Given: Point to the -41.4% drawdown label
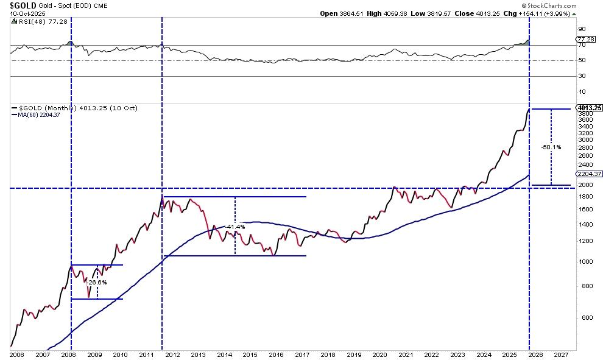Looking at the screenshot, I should [x=234, y=227].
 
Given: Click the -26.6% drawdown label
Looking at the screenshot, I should [x=97, y=282].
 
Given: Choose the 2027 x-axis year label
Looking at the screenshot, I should [x=561, y=354].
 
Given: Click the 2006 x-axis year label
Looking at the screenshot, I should [x=16, y=354].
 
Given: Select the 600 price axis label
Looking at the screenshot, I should [x=582, y=318].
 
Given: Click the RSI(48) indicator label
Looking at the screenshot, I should [x=29, y=21].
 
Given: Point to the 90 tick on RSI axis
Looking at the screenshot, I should [x=582, y=29].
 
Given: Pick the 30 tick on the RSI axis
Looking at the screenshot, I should [x=582, y=76].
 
